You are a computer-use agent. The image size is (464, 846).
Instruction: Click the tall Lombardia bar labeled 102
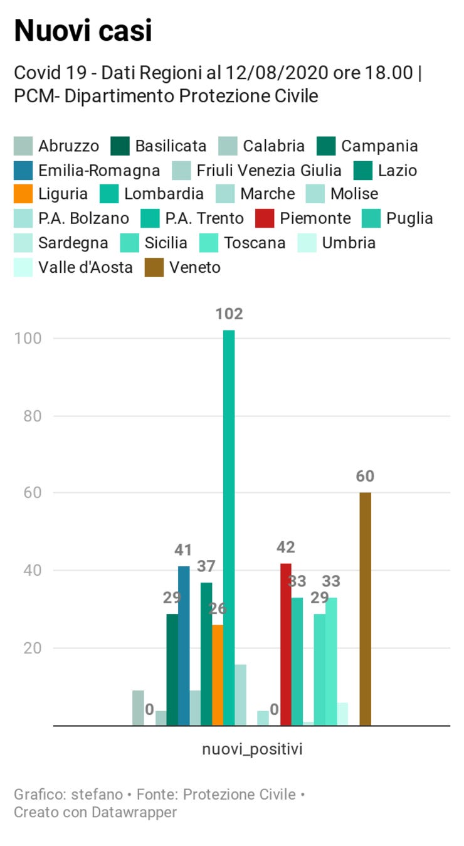tap(229, 527)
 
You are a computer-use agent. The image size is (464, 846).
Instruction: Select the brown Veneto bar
tap(365, 608)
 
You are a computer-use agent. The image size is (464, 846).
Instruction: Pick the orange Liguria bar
tap(218, 675)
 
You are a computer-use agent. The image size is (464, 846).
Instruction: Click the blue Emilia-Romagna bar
tap(184, 645)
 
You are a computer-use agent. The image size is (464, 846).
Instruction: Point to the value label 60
tap(365, 476)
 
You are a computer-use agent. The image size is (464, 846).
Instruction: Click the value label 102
tap(229, 314)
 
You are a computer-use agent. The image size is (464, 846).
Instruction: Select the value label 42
tap(286, 547)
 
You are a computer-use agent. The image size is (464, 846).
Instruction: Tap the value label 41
tap(183, 550)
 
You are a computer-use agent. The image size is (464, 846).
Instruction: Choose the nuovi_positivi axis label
tap(252, 749)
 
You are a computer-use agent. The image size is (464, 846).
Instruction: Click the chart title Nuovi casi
tap(83, 30)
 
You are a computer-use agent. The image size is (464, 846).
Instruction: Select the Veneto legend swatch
tap(154, 268)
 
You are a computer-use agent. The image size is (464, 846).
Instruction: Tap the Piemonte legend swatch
tap(264, 219)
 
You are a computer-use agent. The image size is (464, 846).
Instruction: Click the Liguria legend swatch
tap(23, 194)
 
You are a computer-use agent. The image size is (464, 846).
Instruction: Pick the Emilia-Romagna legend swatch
tap(23, 171)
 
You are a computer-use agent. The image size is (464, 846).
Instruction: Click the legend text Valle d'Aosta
tap(85, 268)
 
